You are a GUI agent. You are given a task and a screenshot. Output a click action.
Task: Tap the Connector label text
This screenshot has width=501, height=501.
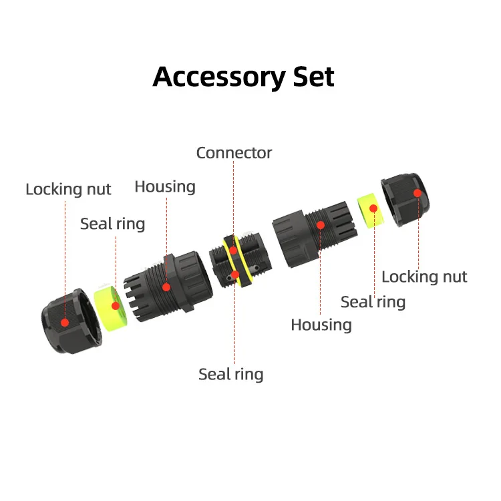[x=234, y=153]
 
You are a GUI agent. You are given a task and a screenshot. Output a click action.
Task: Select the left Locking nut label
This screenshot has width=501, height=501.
[x=68, y=189]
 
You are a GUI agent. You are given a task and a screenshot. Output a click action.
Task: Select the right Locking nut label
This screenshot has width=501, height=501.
[x=424, y=277]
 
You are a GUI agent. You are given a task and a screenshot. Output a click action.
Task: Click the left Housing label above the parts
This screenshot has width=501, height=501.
[x=165, y=186]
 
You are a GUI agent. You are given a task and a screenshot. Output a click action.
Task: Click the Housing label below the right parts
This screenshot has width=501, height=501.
[x=321, y=325]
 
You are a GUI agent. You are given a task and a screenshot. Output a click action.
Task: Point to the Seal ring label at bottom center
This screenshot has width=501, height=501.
[x=230, y=374]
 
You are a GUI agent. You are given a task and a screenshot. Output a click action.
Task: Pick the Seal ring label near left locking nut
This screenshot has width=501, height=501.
[x=112, y=223]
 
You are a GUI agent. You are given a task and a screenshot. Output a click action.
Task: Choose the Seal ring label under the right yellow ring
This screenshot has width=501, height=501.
[x=373, y=302]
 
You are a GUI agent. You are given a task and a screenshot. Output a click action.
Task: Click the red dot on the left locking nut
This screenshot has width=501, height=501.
[x=65, y=321]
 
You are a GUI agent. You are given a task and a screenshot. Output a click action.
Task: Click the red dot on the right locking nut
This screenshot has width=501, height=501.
[x=417, y=193]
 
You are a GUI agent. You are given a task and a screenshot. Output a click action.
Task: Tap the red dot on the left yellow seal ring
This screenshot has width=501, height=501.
[x=115, y=306]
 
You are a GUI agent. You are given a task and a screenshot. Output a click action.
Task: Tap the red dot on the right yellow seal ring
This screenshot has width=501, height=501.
[x=374, y=208]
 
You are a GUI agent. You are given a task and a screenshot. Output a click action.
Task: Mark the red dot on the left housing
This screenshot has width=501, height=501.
[x=167, y=287]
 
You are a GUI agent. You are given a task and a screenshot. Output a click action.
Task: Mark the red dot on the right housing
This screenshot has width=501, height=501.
[x=321, y=225]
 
